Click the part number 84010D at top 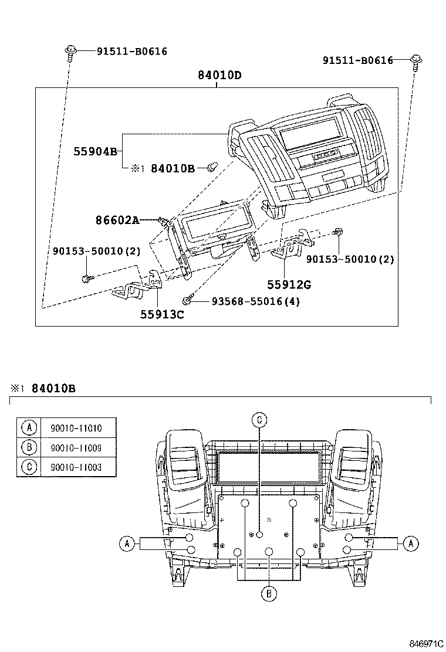pos(219,76)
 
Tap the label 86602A pos(117,220)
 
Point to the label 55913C pos(162,314)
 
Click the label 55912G pos(289,285)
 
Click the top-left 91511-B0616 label pos(132,52)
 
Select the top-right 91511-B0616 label pos(358,60)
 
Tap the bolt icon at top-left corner pos(69,52)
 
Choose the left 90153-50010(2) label pos(95,251)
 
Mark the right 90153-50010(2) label pos(350,259)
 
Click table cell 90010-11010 pos(79,428)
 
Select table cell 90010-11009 pos(79,447)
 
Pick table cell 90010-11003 pos(79,467)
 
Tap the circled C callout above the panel pos(259,419)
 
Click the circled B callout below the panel pos(268,593)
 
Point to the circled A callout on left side pos(126,544)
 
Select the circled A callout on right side pos(410,544)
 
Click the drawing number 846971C pos(426,643)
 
